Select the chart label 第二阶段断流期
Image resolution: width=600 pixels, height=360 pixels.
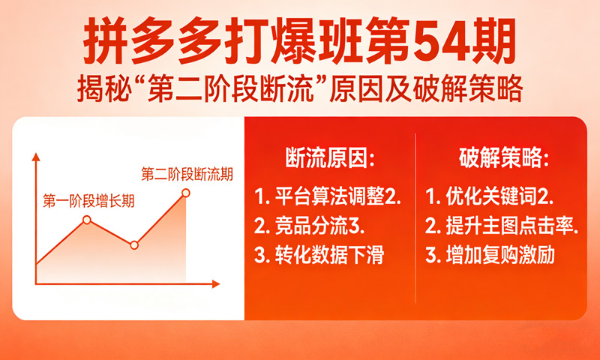pos(187,175)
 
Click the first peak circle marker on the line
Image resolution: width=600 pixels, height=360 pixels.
pos(87,220)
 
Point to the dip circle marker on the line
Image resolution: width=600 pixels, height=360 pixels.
pos(134,244)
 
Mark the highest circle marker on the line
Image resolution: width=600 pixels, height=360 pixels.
pos(186,193)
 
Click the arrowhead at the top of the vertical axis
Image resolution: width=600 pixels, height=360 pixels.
pos(35,156)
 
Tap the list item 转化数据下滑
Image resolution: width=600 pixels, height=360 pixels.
pos(328,255)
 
